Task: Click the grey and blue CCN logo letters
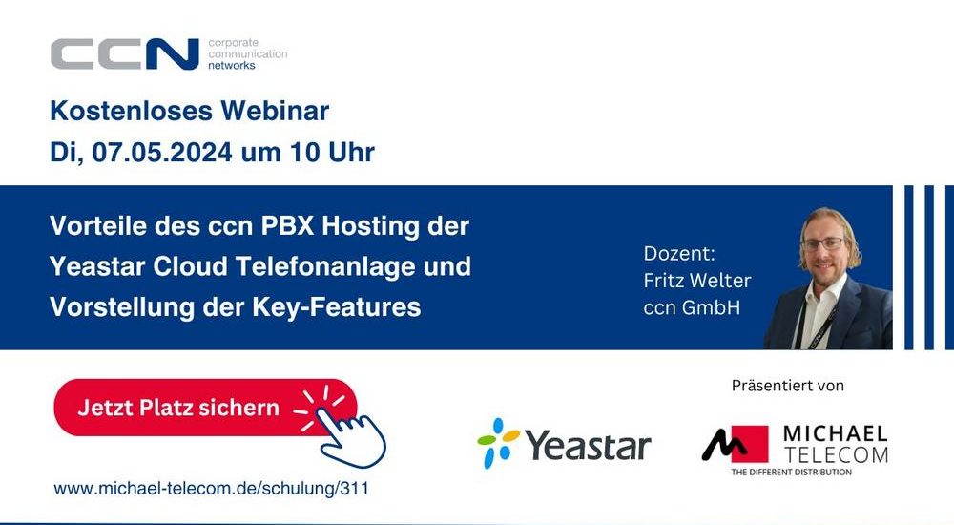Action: coord(125,54)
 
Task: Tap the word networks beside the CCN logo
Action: coord(232,65)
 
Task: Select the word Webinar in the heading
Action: coord(275,111)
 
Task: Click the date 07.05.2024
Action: coord(162,152)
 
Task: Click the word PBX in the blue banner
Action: coord(287,226)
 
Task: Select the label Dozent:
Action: coord(679,253)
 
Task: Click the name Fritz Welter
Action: coord(697,281)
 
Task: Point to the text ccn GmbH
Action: coord(692,307)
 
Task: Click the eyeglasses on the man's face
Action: coord(823,244)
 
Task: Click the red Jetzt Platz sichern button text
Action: coord(178,408)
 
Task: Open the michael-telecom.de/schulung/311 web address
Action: coord(211,489)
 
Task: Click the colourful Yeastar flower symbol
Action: coord(498,443)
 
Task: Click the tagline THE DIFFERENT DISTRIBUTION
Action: coord(792,472)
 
